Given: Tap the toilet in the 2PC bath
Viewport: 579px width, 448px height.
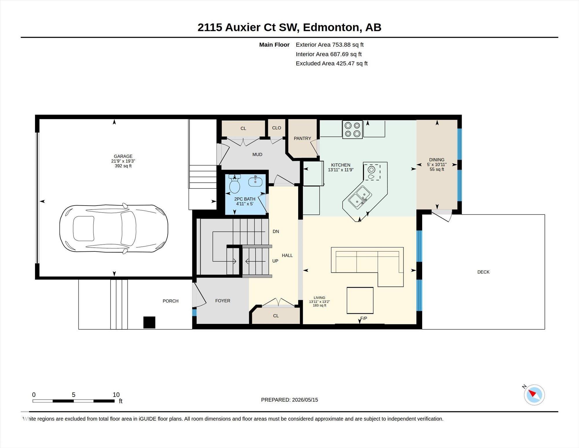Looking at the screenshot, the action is [235, 184].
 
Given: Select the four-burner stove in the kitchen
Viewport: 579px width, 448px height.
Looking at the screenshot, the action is [352, 129].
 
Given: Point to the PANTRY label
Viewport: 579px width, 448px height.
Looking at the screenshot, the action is [302, 138].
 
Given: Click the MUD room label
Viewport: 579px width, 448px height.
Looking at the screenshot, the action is [257, 155].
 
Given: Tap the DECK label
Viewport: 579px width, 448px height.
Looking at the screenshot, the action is [483, 272].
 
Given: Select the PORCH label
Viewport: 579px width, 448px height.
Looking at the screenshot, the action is [171, 301].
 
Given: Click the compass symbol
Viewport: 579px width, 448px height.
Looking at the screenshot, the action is [534, 395].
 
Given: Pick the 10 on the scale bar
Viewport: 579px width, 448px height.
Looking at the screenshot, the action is [116, 395].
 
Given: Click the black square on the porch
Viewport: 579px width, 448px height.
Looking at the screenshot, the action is [149, 322].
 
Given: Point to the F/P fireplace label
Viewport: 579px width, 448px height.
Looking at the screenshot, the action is [363, 318].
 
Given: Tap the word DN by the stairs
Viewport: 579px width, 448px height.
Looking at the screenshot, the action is [276, 231].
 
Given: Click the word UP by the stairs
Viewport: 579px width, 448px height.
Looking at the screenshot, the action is [275, 261].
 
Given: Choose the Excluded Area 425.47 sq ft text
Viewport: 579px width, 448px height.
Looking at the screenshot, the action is [331, 63].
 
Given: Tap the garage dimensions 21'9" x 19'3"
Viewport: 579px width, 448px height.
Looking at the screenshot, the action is [123, 161].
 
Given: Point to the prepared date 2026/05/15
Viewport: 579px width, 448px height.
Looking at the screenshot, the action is [305, 400].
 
